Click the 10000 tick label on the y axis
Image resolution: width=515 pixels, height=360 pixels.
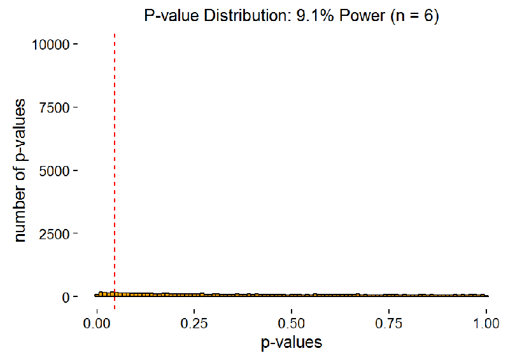pos(53,44)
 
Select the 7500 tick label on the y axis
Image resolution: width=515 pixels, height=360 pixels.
pos(57,107)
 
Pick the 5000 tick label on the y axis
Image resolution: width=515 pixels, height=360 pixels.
pos(57,170)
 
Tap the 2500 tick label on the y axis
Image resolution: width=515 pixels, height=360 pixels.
pos(57,233)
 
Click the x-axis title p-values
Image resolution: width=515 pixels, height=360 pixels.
pos(292,342)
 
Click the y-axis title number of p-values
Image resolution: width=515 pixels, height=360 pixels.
pos(20,170)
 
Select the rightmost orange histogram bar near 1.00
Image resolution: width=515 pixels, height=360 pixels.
pos(486,296)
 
